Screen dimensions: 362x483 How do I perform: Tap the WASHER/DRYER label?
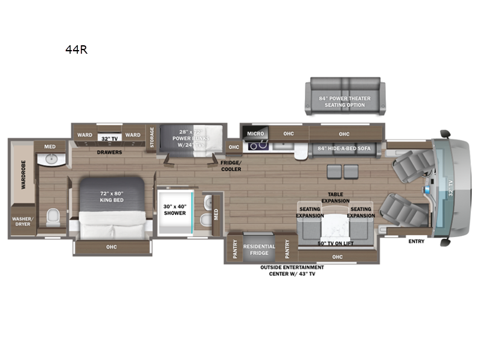tap(23, 221)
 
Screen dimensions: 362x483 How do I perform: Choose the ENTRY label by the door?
tap(416, 241)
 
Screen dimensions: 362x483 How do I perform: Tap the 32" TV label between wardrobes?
tap(109, 138)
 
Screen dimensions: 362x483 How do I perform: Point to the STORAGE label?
tap(152, 136)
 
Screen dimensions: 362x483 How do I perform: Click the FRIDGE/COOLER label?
tap(231, 165)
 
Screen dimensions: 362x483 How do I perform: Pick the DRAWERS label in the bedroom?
tap(110, 152)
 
